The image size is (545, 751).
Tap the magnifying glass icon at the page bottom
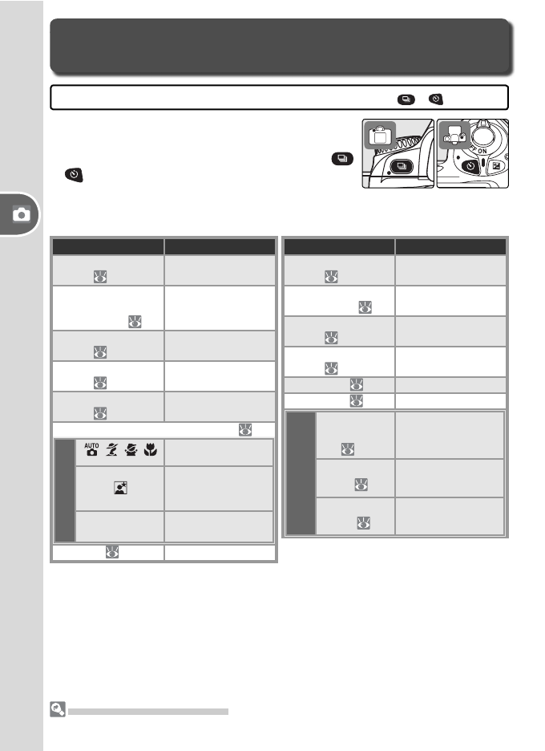point(56,708)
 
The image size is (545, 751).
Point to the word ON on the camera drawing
point(484,152)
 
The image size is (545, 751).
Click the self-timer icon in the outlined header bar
point(435,98)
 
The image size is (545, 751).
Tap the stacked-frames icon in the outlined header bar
point(406,98)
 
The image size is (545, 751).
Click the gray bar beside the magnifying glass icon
point(148,711)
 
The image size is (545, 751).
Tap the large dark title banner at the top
point(280,47)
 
